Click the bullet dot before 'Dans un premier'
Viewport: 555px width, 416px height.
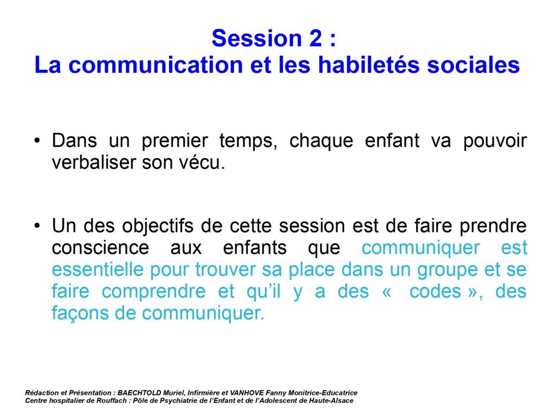tap(37, 141)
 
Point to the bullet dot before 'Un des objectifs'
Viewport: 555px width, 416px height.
tap(37, 226)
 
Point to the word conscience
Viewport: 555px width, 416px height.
tap(100, 248)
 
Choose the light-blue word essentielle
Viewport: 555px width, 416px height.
tap(98, 270)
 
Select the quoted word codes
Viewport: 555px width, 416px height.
tap(435, 291)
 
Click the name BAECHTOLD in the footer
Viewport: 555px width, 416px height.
tap(139, 393)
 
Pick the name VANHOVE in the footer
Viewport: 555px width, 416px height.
tap(247, 393)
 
